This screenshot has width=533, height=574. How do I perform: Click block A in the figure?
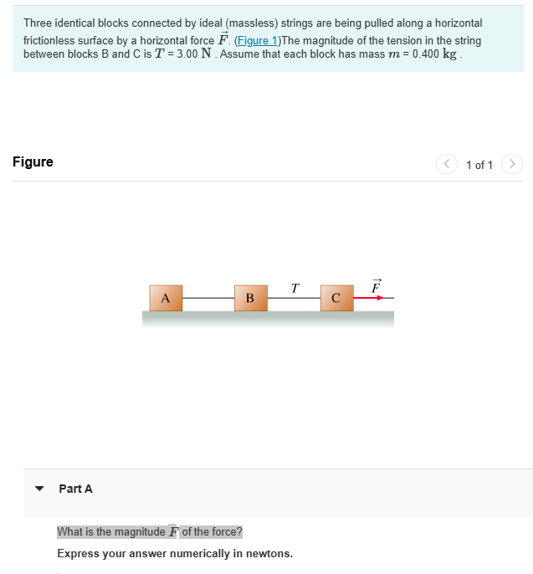coord(166,298)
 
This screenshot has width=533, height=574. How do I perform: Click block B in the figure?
coord(250,298)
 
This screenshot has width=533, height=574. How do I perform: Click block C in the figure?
coord(336,298)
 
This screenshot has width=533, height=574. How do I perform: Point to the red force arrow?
coord(369,297)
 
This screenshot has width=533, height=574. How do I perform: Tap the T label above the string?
coord(295,288)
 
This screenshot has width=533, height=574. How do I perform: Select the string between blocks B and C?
coord(294,297)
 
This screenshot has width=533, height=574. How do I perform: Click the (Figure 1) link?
coord(258,40)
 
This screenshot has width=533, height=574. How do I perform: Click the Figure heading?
coord(33,162)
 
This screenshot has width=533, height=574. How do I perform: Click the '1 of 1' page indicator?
coord(479,165)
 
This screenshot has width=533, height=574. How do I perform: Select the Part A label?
coord(75,489)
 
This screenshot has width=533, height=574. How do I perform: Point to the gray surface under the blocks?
coord(268,318)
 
